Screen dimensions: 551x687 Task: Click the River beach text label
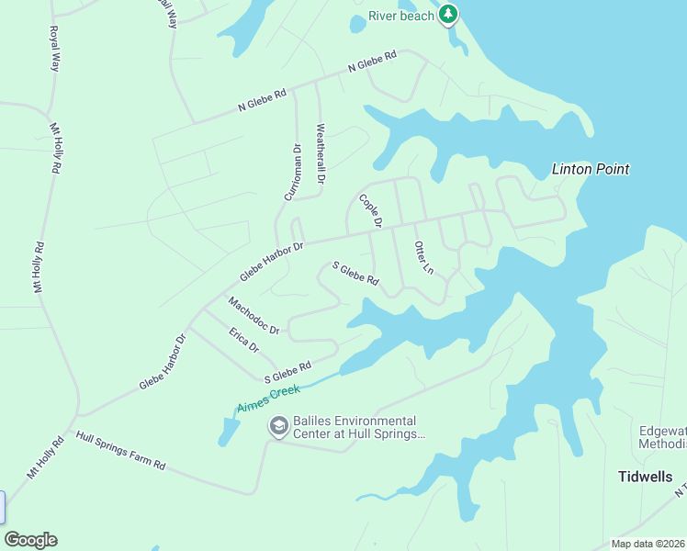click(x=400, y=16)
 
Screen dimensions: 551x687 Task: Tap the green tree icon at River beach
click(x=447, y=14)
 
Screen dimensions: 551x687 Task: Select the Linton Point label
click(x=591, y=169)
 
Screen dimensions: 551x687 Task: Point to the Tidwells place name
click(x=645, y=477)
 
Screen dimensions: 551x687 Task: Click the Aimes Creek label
click(x=269, y=399)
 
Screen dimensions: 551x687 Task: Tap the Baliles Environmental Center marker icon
click(x=277, y=426)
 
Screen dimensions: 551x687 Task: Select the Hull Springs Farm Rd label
click(x=120, y=451)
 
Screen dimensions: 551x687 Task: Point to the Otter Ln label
click(x=423, y=257)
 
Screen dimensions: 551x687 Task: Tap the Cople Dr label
click(x=370, y=211)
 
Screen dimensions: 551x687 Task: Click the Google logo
click(x=30, y=540)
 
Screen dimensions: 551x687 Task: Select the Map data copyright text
click(x=648, y=544)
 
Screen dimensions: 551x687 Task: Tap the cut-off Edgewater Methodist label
click(x=662, y=438)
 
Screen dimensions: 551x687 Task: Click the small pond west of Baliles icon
click(x=228, y=429)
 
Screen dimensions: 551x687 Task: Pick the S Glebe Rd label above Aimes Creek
click(x=287, y=372)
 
